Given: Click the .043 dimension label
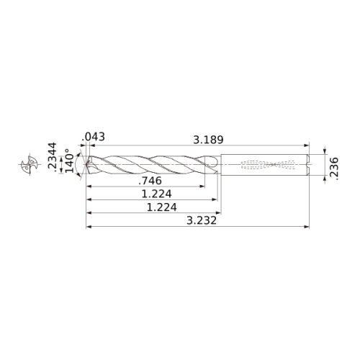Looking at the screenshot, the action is tap(93, 137).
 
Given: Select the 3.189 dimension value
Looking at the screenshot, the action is tap(208, 140).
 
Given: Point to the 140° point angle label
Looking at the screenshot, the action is tap(70, 160).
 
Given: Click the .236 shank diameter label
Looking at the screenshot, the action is tap(334, 168).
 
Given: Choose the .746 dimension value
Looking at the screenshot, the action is tap(150, 181).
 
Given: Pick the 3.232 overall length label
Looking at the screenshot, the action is tap(202, 220).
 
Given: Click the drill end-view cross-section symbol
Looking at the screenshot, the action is tap(30, 164).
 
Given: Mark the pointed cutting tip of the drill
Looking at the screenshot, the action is tap(86, 164).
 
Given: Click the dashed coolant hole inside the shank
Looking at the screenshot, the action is tap(268, 164).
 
